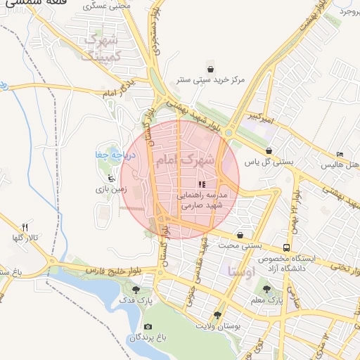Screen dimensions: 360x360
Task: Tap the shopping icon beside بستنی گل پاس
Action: click(x=269, y=150)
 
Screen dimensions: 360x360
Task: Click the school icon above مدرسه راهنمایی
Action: click(x=202, y=184)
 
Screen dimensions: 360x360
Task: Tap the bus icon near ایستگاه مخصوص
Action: click(x=286, y=247)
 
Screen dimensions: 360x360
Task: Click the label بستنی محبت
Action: click(x=241, y=246)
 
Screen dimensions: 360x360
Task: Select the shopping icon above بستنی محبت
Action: click(x=241, y=236)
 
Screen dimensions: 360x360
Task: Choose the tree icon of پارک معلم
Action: click(x=266, y=288)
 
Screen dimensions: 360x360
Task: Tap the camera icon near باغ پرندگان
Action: click(x=148, y=327)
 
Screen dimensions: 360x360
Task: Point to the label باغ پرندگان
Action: click(x=147, y=338)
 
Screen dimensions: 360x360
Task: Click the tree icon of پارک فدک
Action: click(x=135, y=289)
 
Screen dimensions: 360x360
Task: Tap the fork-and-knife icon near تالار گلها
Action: click(x=25, y=226)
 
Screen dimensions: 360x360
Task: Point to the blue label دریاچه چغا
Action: click(x=109, y=153)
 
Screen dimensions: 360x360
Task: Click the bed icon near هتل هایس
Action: click(x=340, y=155)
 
